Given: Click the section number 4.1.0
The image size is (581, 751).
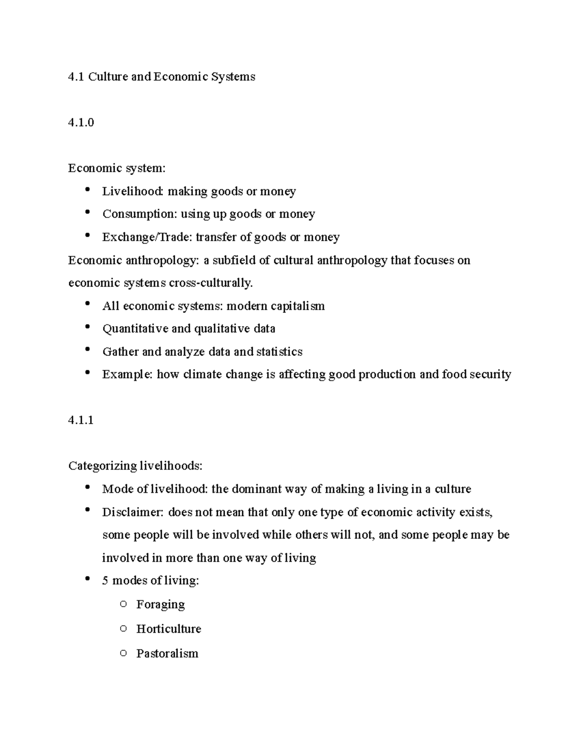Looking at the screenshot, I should tap(81, 122).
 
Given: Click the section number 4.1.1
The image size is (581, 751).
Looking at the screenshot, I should tap(81, 420).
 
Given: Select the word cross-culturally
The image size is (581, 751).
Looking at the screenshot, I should tap(211, 283).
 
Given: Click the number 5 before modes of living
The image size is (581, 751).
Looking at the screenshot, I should tap(105, 581).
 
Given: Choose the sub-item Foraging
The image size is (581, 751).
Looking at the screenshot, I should tap(160, 604).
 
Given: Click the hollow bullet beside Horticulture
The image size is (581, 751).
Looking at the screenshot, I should tap(123, 629).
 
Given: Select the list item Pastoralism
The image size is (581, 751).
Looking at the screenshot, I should tap(167, 654).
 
